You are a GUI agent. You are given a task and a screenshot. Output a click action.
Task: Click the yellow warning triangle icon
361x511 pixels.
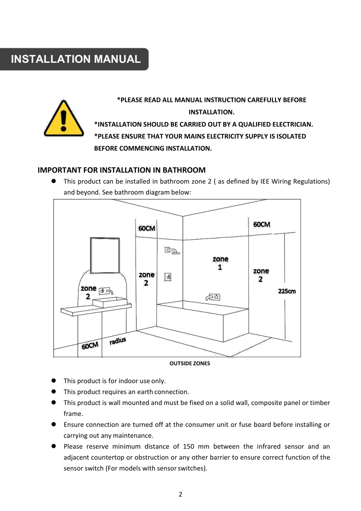click(x=64, y=119)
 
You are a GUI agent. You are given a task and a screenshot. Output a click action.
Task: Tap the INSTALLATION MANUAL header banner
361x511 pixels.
click(x=75, y=59)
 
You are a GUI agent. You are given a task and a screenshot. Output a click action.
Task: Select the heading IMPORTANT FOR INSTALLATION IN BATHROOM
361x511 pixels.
click(x=121, y=170)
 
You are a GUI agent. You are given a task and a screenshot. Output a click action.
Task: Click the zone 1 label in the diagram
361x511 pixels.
click(x=220, y=263)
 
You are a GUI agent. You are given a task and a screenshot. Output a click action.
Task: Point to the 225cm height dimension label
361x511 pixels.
click(x=286, y=291)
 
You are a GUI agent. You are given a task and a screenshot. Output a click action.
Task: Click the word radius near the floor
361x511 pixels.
click(x=118, y=341)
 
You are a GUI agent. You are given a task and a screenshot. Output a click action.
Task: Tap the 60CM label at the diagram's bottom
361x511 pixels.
click(x=90, y=346)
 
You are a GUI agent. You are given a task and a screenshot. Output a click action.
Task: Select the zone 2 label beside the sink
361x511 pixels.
click(x=88, y=292)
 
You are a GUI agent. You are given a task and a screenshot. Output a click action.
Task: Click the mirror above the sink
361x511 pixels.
click(x=105, y=255)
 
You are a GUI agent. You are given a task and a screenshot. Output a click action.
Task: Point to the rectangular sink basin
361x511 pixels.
click(x=110, y=302)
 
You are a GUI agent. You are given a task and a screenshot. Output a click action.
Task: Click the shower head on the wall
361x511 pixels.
click(x=172, y=251)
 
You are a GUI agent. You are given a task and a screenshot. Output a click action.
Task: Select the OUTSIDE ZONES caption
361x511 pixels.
click(x=190, y=364)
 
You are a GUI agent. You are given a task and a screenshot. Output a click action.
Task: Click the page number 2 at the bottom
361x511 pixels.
click(x=180, y=495)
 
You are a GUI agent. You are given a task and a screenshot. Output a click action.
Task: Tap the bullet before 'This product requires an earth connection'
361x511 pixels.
click(x=53, y=392)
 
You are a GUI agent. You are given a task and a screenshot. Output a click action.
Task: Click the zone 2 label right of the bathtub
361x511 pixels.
click(x=261, y=275)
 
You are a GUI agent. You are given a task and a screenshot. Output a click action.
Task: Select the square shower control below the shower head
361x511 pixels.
click(x=168, y=276)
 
